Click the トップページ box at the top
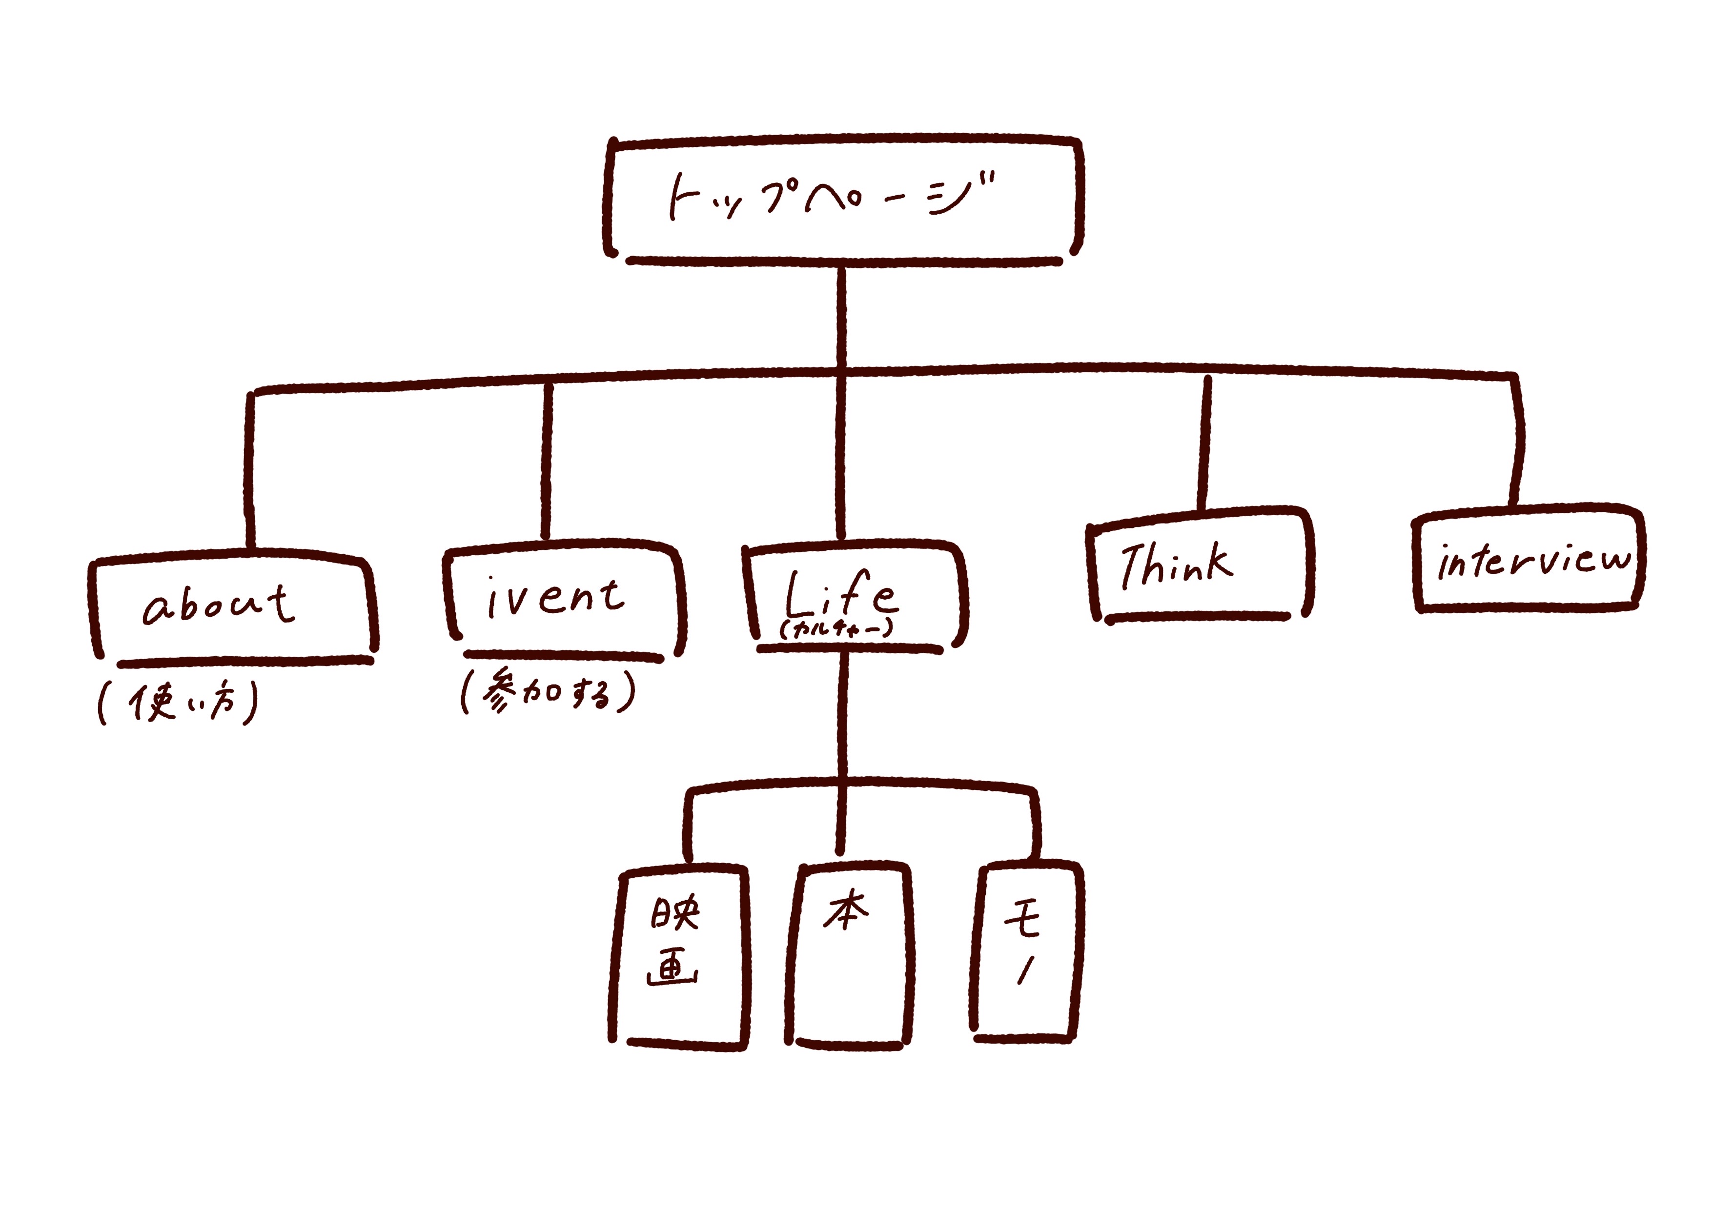tap(842, 198)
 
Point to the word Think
tap(1177, 565)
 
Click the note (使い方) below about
tap(178, 702)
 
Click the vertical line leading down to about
tap(249, 470)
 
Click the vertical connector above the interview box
tap(1517, 440)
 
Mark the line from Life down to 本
tap(842, 746)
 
